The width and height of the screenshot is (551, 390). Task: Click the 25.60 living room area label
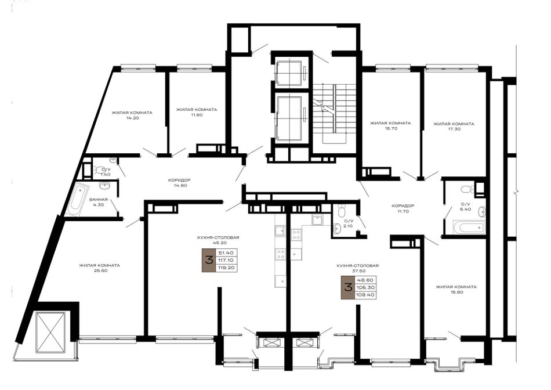(99, 271)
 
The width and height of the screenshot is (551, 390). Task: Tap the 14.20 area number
(132, 118)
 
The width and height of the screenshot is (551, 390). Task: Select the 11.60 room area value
(197, 115)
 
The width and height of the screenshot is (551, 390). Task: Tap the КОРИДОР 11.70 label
(403, 208)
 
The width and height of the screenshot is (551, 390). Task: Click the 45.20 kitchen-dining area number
(218, 243)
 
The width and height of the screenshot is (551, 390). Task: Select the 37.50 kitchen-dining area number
(358, 271)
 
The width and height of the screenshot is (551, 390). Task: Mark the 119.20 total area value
(227, 268)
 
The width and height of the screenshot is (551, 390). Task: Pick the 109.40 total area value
(365, 295)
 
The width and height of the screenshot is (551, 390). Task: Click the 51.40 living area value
(226, 253)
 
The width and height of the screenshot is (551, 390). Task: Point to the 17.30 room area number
(454, 129)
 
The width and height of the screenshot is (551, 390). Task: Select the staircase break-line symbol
(321, 105)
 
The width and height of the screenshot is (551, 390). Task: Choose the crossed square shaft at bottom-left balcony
(50, 333)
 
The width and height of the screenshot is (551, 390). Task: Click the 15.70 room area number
(390, 128)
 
